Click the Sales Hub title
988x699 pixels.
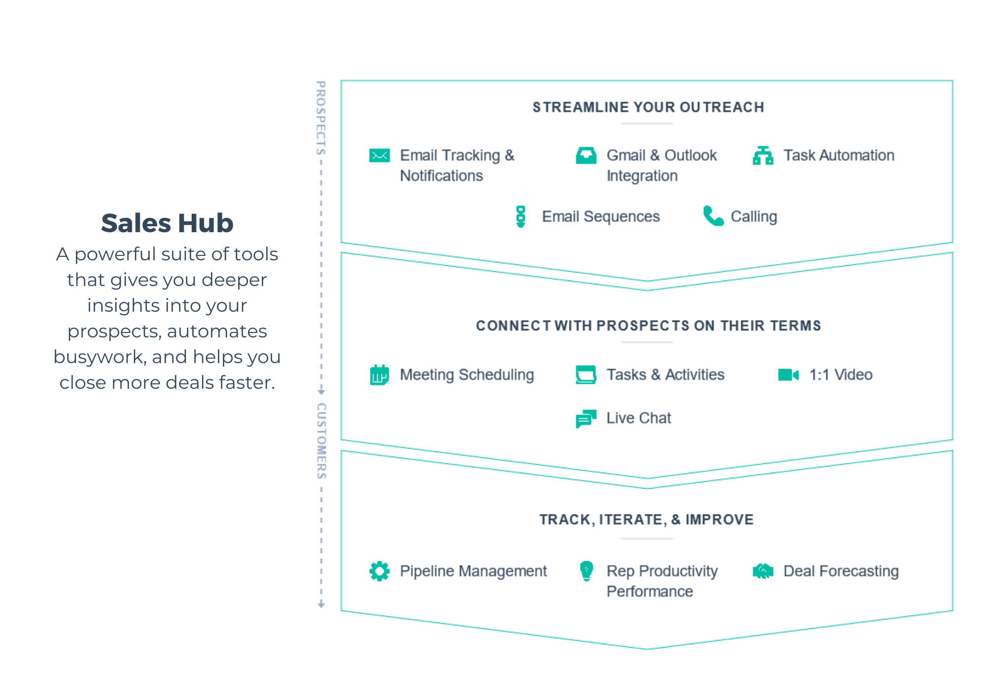point(167,223)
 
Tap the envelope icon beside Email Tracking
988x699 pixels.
point(379,156)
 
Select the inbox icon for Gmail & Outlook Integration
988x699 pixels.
point(586,156)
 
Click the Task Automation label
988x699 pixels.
point(838,156)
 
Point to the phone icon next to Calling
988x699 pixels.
point(713,216)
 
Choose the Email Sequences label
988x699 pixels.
point(600,216)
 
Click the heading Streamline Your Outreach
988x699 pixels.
point(648,107)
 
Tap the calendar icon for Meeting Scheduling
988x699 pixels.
point(379,375)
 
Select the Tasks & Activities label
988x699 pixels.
point(665,374)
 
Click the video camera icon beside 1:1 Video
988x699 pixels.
point(788,375)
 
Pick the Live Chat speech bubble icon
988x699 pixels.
point(586,418)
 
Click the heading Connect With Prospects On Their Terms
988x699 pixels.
point(648,326)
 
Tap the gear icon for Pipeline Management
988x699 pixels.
point(379,571)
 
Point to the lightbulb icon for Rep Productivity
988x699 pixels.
point(586,571)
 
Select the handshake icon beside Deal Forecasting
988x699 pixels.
point(763,571)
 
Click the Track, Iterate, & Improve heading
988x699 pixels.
point(646,520)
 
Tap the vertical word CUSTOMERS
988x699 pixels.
point(321,441)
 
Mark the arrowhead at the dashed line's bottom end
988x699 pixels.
point(321,605)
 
